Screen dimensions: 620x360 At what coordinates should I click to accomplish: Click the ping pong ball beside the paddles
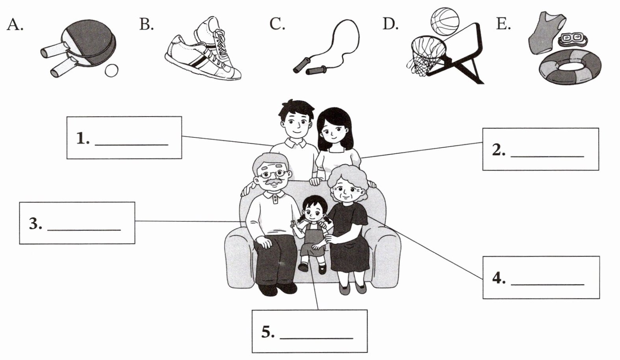[x=111, y=70]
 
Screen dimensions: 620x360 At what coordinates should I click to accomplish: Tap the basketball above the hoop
[x=445, y=22]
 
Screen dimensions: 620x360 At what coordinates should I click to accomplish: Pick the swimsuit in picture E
[x=545, y=33]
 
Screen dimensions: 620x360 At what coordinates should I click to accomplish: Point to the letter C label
[x=277, y=24]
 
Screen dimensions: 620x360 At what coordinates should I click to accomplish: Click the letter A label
[x=15, y=24]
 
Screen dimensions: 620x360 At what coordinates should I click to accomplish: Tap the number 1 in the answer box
[x=83, y=138]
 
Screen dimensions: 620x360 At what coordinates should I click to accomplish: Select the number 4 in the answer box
[x=499, y=278]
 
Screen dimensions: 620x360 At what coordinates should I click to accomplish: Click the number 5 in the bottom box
[x=268, y=332]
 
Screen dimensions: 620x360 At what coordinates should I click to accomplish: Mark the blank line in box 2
[x=547, y=157]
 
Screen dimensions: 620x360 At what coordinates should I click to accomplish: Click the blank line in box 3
[x=84, y=230]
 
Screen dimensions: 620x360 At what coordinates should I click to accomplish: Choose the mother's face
[x=334, y=132]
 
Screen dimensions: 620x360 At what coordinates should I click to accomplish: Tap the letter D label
[x=390, y=24]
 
